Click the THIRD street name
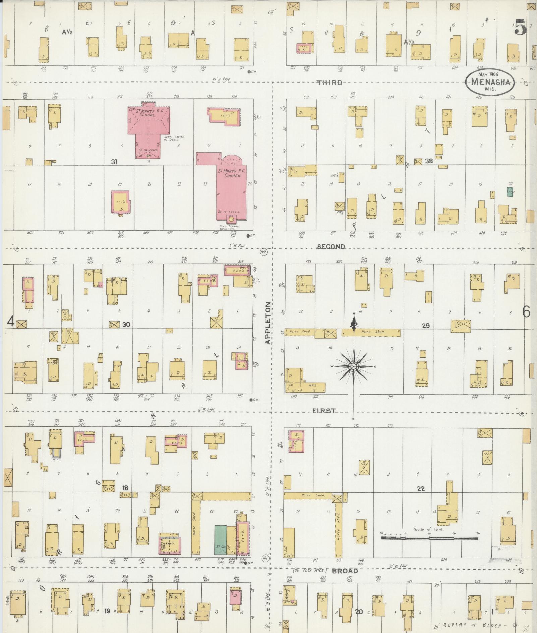[x=330, y=83]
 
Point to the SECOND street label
[x=331, y=247]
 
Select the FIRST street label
[x=324, y=411]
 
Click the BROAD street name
[x=345, y=571]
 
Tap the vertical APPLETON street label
[x=268, y=323]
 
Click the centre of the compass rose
[x=354, y=367]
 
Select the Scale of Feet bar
[x=429, y=538]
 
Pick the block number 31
[x=114, y=162]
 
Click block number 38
[x=429, y=161]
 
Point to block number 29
[x=425, y=325]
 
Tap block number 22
[x=421, y=489]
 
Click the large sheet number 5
[x=520, y=27]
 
